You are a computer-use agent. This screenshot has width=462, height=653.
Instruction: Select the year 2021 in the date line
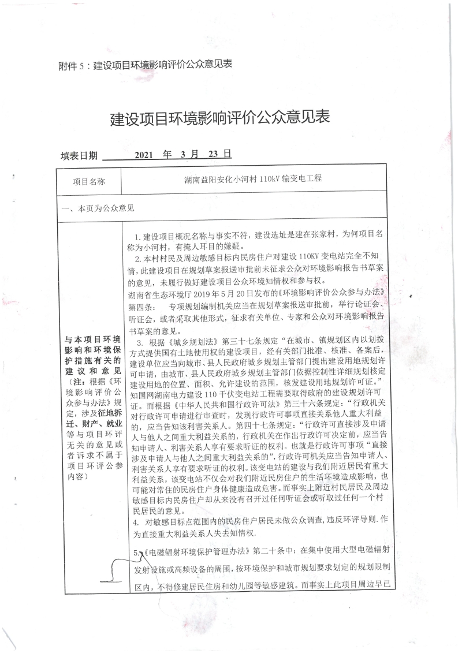tap(144, 155)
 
